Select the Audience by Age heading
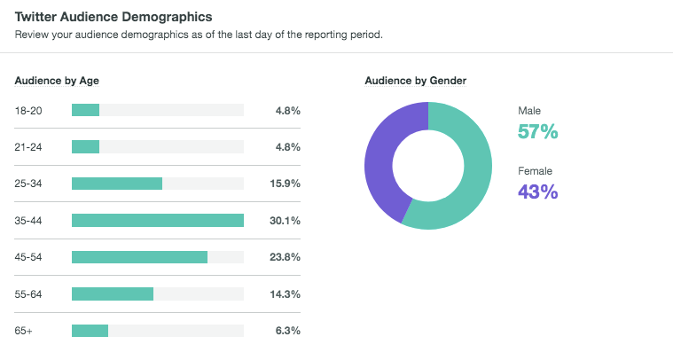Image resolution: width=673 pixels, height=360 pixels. pos(57,81)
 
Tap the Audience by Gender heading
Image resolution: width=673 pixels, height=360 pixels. pos(416,81)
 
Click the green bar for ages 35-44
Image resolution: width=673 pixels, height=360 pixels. pos(157,221)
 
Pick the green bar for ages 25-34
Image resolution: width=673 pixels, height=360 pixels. pos(116,184)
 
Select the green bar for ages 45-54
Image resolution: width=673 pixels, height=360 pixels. pos(139,257)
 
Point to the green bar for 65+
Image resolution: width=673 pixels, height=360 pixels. pos(90,331)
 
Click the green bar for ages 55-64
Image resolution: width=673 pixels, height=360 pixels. pos(113,293)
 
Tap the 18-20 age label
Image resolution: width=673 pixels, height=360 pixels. pos(29,111)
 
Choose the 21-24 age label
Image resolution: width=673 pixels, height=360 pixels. pos(29,147)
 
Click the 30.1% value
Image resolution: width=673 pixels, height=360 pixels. pos(285,221)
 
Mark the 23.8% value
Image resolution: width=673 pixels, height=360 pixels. pos(285,257)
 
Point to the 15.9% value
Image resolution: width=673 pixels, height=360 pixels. pos(285,184)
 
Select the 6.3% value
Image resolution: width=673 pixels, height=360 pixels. pos(287,331)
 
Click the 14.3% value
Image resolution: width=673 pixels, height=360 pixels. pos(285,293)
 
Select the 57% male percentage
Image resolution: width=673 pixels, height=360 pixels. pos(537,132)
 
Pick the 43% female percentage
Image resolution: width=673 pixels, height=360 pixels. pos(537,191)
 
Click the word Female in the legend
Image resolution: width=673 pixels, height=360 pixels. pos(536,169)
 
